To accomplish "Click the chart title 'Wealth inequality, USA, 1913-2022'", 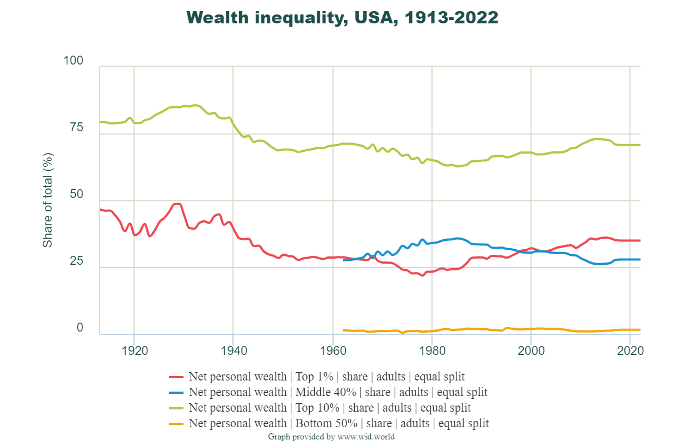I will tap(343, 17).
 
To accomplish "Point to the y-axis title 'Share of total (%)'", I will tap(48, 200).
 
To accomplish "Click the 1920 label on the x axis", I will tap(134, 351).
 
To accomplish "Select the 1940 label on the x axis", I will tap(233, 351).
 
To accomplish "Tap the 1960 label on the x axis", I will tap(332, 351).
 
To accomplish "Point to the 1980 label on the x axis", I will tap(432, 351).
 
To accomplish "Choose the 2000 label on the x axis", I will tap(531, 351).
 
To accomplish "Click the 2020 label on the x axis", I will tap(630, 351).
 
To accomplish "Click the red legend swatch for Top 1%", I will tap(176, 377).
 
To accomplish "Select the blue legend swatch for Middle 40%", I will tap(176, 392).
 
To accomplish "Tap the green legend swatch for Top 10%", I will tap(176, 408).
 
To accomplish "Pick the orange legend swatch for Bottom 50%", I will tap(176, 424).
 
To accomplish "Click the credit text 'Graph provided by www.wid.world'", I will tap(331, 437).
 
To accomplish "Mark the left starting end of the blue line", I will tap(344, 260).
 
